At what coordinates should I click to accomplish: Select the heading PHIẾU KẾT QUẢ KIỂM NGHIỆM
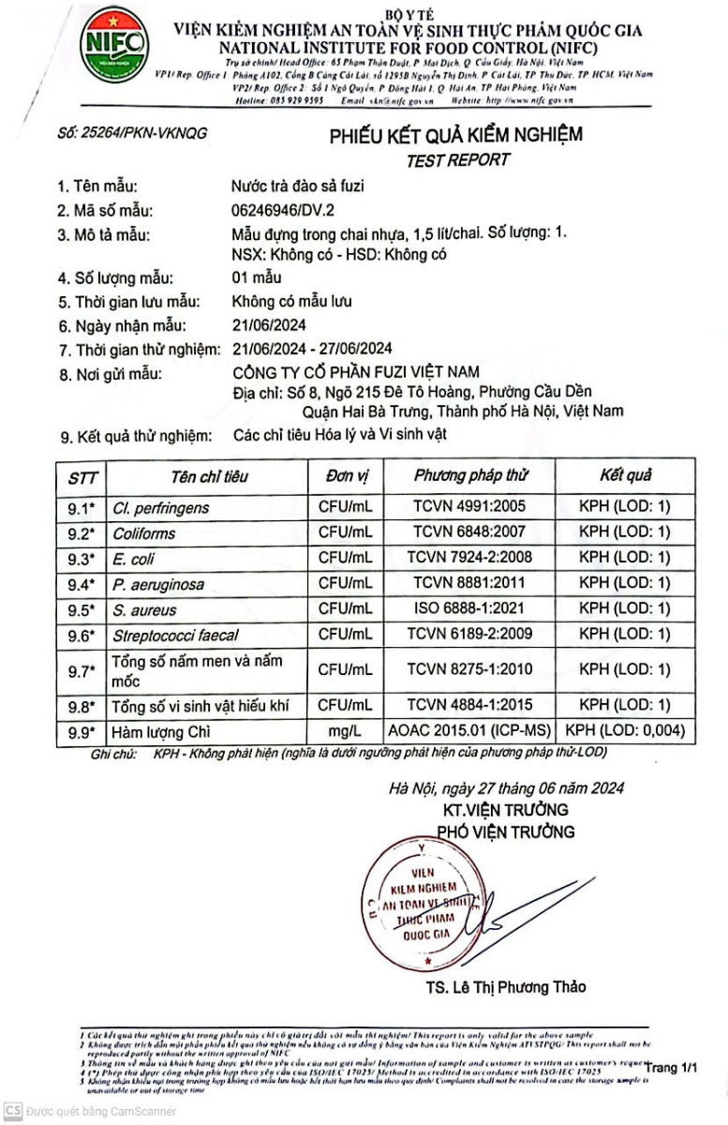[455, 135]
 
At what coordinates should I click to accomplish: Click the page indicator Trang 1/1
[672, 1067]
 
